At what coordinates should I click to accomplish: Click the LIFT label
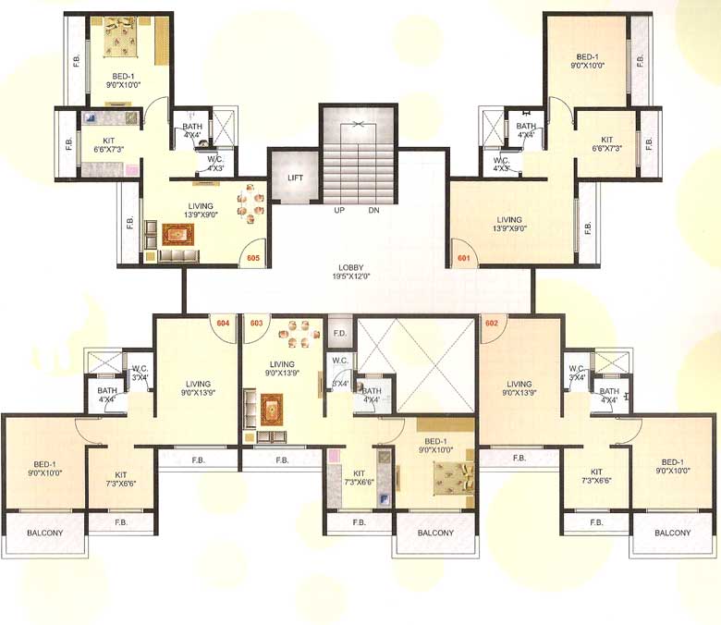click(x=295, y=177)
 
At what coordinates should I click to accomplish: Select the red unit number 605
click(x=254, y=259)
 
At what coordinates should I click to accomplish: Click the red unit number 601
click(x=463, y=259)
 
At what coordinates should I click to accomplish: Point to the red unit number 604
click(x=223, y=323)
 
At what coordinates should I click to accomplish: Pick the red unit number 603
click(x=256, y=323)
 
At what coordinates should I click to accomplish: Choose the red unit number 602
click(x=491, y=323)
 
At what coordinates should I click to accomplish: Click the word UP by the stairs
click(x=340, y=210)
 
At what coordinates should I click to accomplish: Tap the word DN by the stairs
click(x=373, y=210)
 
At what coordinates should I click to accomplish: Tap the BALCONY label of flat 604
click(x=43, y=533)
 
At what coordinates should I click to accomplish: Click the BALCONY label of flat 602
click(x=672, y=533)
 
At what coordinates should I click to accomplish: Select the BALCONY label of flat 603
click(x=435, y=533)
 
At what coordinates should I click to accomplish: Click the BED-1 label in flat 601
click(x=587, y=60)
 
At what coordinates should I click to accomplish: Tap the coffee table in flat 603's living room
click(x=270, y=407)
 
